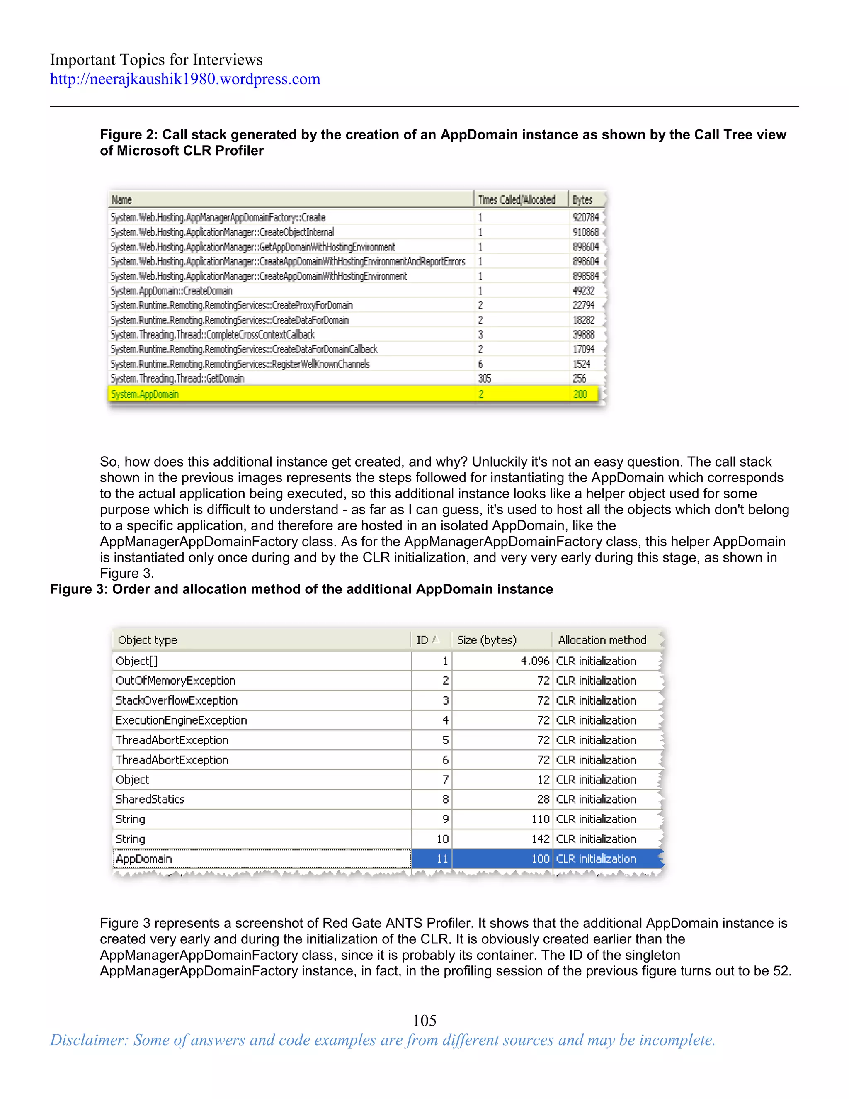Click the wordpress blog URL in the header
[x=184, y=79]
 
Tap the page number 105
[x=424, y=1020]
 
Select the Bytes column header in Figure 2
[x=582, y=200]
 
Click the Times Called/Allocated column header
[x=516, y=200]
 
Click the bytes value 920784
[x=585, y=217]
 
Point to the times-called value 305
[x=484, y=378]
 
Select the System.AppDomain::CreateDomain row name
[x=172, y=291]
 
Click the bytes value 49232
[x=583, y=291]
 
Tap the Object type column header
[x=147, y=640]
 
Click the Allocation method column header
[x=602, y=640]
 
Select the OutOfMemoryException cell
[x=175, y=681]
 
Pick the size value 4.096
[x=535, y=661]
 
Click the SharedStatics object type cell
[x=150, y=800]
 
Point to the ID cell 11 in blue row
[x=442, y=859]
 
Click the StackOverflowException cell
[x=177, y=700]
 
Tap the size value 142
[x=540, y=839]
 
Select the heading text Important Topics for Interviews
[x=156, y=60]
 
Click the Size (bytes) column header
[x=486, y=640]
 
